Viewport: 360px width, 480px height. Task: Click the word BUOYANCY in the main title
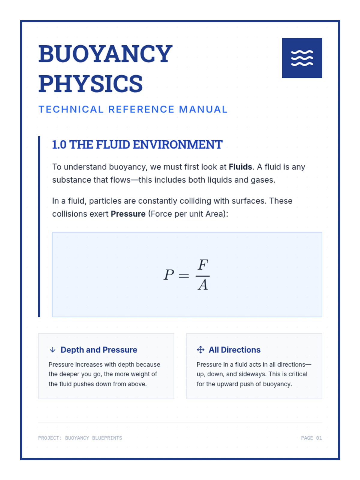pyautogui.click(x=105, y=54)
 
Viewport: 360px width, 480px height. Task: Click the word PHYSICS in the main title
pyautogui.click(x=91, y=84)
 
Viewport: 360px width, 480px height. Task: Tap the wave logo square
pyautogui.click(x=302, y=58)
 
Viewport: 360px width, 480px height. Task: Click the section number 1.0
pyautogui.click(x=59, y=145)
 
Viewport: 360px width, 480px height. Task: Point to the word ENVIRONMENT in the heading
pyautogui.click(x=177, y=145)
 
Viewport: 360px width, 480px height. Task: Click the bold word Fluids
pyautogui.click(x=240, y=167)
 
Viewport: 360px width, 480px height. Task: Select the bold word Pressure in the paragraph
pyautogui.click(x=128, y=214)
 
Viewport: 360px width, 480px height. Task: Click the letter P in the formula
pyautogui.click(x=169, y=274)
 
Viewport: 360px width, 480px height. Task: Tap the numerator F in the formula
pyautogui.click(x=203, y=265)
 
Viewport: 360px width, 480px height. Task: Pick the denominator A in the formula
pyautogui.click(x=203, y=285)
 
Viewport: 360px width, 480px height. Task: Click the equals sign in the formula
pyautogui.click(x=184, y=275)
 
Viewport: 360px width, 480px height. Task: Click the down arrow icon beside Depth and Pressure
pyautogui.click(x=53, y=350)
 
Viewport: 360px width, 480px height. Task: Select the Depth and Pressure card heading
pyautogui.click(x=99, y=350)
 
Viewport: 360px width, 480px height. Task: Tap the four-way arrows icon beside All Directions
pyautogui.click(x=200, y=350)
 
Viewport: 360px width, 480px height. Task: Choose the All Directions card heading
pyautogui.click(x=235, y=350)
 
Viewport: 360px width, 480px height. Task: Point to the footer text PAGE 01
pyautogui.click(x=311, y=438)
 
